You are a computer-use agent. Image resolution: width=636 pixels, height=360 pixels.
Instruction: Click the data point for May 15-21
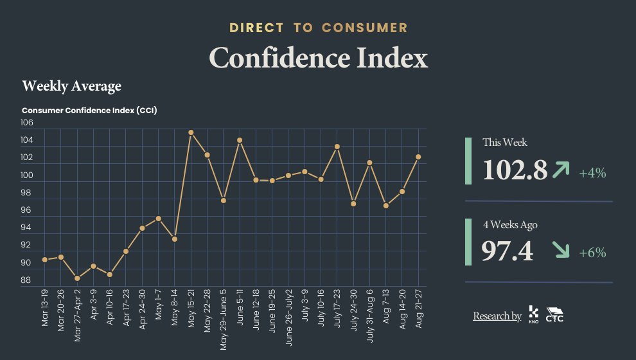(x=191, y=132)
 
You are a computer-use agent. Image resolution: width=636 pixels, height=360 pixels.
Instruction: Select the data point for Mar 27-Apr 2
(x=77, y=278)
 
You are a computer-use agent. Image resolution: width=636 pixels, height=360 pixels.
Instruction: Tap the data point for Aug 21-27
(x=418, y=157)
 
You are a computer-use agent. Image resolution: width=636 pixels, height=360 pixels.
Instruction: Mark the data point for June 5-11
(x=240, y=140)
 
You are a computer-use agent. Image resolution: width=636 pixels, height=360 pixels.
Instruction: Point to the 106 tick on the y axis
(x=27, y=122)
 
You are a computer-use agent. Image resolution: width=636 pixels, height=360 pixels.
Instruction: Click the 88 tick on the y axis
(x=27, y=280)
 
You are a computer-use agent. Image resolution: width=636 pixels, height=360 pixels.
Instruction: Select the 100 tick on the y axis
(x=27, y=175)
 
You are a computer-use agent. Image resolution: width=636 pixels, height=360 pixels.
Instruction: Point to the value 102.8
(x=515, y=170)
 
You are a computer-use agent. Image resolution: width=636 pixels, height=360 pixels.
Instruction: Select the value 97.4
(x=507, y=251)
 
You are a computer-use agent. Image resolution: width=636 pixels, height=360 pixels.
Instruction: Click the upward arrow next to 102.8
(x=561, y=170)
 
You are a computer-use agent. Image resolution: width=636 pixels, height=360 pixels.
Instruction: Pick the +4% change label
(x=592, y=173)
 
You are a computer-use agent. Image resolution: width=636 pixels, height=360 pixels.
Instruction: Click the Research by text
(x=497, y=316)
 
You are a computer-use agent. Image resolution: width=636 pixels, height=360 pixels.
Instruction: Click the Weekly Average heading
(x=71, y=85)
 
